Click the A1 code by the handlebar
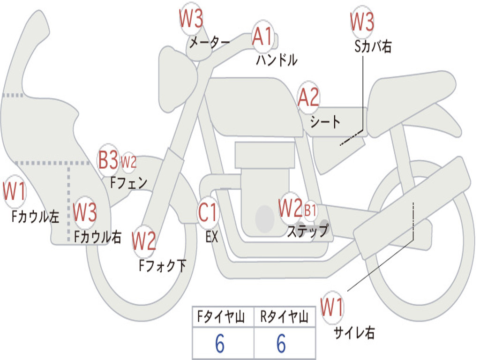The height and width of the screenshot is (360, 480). tap(262, 36)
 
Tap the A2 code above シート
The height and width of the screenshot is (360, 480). tap(308, 97)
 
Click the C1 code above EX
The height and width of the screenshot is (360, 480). tap(208, 212)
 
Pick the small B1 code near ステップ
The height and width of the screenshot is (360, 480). tap(310, 210)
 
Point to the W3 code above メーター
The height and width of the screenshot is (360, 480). tap(191, 18)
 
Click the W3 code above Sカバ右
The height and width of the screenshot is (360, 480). tap(362, 22)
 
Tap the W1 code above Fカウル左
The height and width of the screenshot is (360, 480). tap(14, 191)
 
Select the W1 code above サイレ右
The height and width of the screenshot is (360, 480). tap(332, 307)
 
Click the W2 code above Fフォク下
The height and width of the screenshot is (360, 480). tap(144, 240)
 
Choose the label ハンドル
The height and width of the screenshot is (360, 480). tap(277, 60)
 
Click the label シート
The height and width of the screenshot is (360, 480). tap(325, 122)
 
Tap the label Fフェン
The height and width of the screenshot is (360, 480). tap(129, 183)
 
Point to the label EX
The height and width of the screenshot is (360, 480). tap(212, 237)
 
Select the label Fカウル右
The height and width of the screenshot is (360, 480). tap(97, 237)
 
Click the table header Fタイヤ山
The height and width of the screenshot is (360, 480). tap(221, 316)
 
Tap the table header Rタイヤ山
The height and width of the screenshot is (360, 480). tap(284, 316)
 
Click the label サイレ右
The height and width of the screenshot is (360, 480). tap(354, 332)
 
